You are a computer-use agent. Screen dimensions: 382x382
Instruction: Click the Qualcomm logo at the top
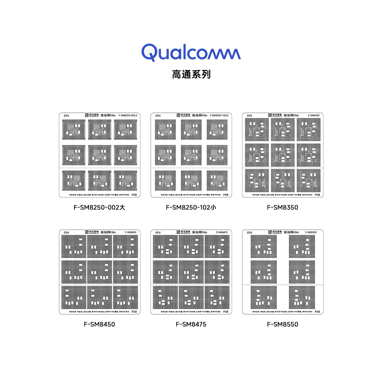click(x=191, y=52)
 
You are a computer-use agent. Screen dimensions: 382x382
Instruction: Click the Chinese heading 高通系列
click(x=191, y=74)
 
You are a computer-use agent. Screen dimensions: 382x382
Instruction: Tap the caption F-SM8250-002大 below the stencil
click(x=99, y=207)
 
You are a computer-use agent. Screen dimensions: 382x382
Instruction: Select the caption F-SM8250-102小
click(x=191, y=207)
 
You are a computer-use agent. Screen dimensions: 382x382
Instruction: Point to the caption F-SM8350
click(x=283, y=207)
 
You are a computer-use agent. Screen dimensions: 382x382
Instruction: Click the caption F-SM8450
click(x=99, y=324)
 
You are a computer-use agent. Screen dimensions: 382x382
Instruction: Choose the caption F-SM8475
click(x=191, y=324)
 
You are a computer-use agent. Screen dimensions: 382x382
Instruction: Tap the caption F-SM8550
click(x=283, y=324)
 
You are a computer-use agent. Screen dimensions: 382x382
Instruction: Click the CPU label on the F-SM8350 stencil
click(x=249, y=116)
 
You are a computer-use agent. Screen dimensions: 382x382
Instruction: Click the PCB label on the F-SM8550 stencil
click(x=317, y=312)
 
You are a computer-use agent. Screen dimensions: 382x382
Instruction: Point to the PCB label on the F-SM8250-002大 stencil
click(x=134, y=195)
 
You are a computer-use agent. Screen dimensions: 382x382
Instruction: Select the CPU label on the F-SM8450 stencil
click(x=66, y=233)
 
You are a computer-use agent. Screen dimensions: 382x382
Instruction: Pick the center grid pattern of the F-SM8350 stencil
click(x=283, y=155)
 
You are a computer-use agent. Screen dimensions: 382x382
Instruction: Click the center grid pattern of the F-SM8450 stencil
click(x=99, y=271)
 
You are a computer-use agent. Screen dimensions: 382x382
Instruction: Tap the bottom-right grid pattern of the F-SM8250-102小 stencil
click(x=217, y=181)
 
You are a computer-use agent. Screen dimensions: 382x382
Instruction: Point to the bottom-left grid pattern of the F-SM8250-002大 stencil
click(x=74, y=180)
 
